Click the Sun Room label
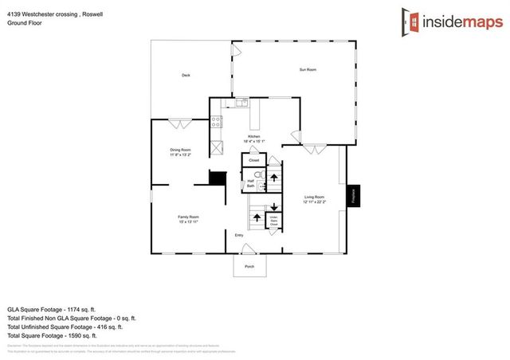[308, 70]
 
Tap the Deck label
[186, 76]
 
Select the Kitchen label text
[253, 137]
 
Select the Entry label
[238, 235]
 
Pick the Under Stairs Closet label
[273, 221]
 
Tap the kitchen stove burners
[215, 123]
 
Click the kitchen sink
[239, 104]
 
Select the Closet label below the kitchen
[253, 160]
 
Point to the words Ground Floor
[24, 23]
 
